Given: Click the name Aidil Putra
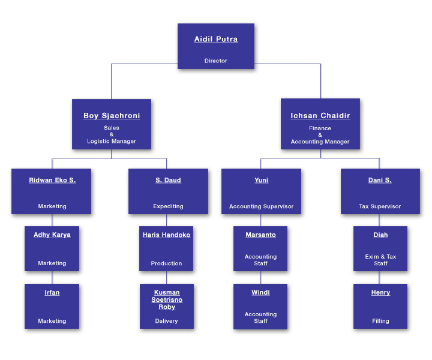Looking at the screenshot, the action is coord(216,39).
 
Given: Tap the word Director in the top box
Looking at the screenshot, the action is coord(216,61).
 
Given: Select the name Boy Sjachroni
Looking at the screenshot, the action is coord(112,116).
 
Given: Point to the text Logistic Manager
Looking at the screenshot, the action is coord(112,141).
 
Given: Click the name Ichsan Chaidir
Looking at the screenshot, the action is coord(320,116).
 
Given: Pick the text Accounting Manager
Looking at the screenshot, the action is coord(320,142).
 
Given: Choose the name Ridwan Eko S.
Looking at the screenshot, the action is coord(52,180).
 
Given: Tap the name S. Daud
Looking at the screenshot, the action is coord(168,180).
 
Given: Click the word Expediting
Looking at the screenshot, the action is coord(168,206).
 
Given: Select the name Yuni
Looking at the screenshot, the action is coord(261,180).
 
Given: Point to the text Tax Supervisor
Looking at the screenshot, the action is coord(380,206).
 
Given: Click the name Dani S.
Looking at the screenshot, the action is coord(380,180).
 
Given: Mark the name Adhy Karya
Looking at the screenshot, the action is coord(52,235).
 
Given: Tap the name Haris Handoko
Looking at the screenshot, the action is coord(166,235).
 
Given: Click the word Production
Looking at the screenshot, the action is coord(166,263).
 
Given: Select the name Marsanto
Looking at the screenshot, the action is coord(260,235).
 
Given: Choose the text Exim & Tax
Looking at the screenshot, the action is coord(380,257).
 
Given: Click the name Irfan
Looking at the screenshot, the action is coord(52,293).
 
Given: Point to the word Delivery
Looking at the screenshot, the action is coord(166,321).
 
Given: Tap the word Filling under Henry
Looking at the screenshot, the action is coord(380,321).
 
